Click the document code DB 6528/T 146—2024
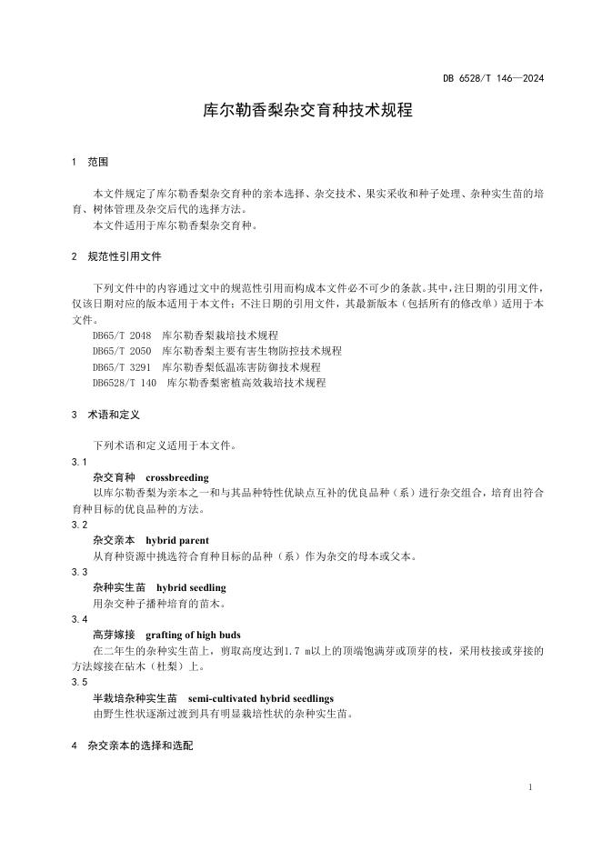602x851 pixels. (494, 78)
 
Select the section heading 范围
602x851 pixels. (97, 162)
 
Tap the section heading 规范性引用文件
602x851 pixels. (125, 256)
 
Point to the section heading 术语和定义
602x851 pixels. (114, 415)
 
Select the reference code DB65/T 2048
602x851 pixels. (122, 335)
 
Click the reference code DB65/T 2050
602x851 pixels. (122, 351)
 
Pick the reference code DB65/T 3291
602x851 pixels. (122, 367)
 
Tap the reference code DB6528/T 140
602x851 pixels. (125, 383)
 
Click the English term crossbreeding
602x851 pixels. (176, 477)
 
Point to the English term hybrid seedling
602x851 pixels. (190, 588)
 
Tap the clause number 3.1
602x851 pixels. (79, 462)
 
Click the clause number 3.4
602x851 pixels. (79, 619)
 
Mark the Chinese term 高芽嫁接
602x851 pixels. (114, 635)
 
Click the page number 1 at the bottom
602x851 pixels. (529, 787)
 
